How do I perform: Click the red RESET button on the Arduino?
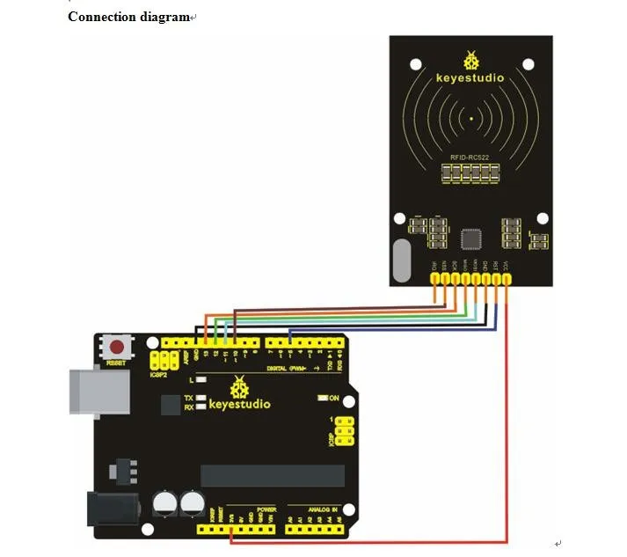point(116,346)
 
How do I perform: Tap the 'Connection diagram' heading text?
point(128,17)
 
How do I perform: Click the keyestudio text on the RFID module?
point(470,77)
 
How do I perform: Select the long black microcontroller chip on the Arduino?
point(273,475)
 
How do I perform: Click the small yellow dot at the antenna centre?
point(472,117)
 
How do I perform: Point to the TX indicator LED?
point(202,399)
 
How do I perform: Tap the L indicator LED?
point(201,380)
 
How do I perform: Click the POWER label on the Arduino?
point(266,509)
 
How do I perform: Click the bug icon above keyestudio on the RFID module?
point(471,59)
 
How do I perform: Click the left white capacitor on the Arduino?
point(164,504)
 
